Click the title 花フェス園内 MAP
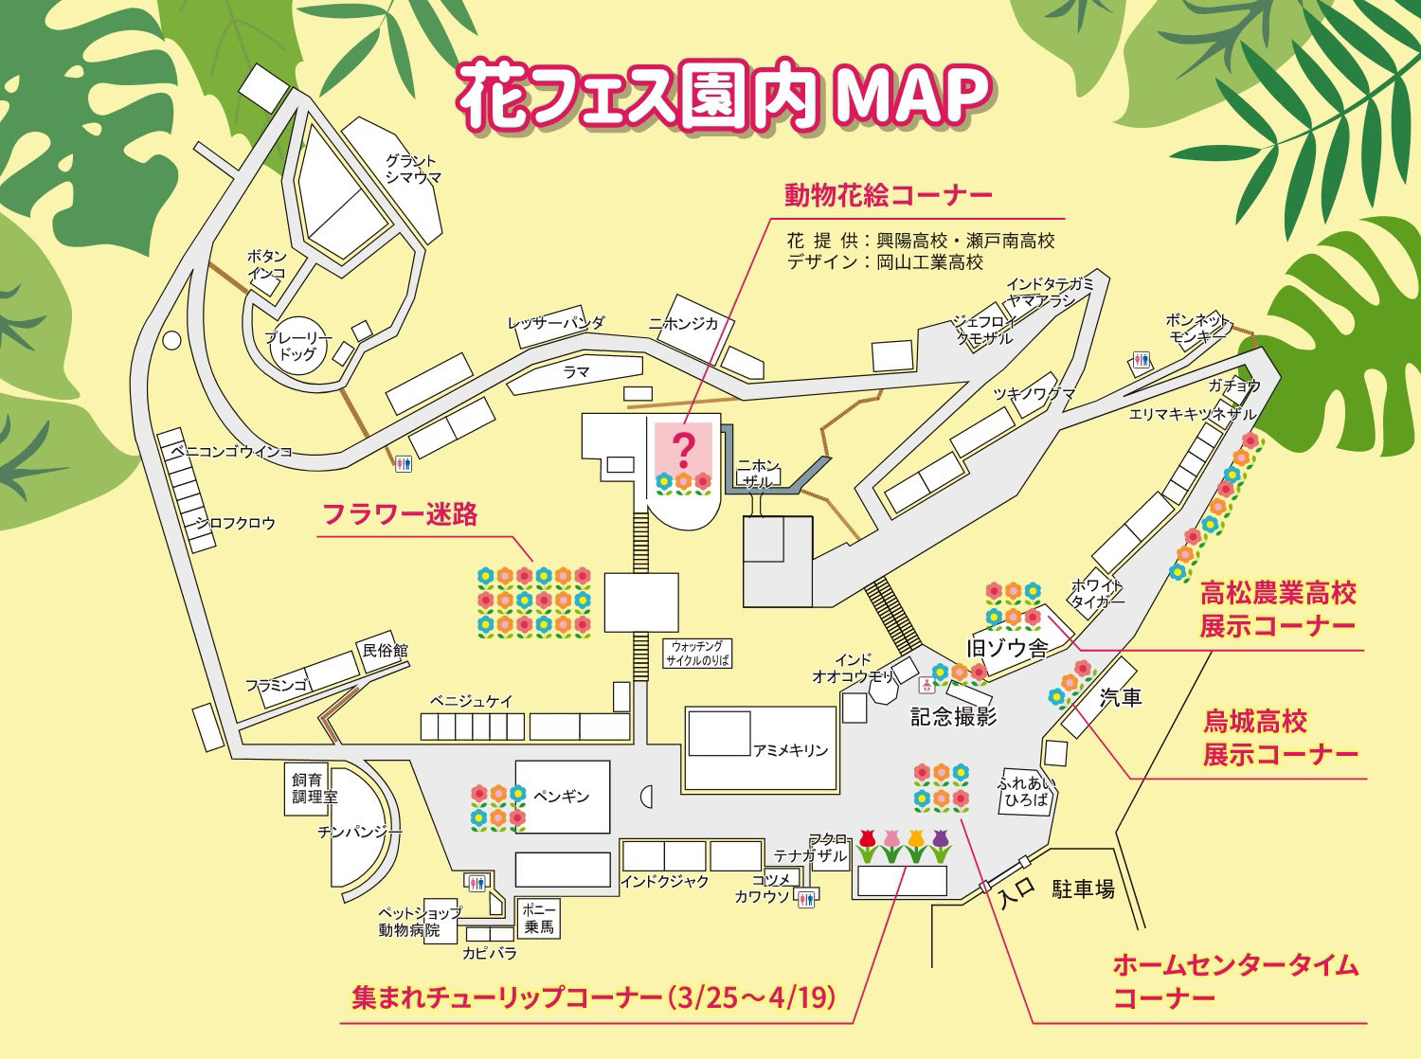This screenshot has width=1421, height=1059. point(724,96)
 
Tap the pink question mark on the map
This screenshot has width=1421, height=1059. point(683,445)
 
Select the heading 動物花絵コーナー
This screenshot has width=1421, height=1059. point(888,195)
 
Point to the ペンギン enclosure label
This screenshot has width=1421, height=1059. point(562,796)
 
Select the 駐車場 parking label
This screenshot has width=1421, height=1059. point(1083,889)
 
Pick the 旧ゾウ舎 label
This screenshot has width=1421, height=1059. point(1006,649)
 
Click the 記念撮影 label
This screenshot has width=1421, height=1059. point(954,716)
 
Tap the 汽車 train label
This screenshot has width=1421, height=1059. point(1121,698)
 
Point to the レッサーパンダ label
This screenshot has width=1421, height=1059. point(555,323)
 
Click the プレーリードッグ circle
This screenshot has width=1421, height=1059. point(297,347)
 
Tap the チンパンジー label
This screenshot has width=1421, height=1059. point(360,831)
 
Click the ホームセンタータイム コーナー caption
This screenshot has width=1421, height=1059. point(1234,981)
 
